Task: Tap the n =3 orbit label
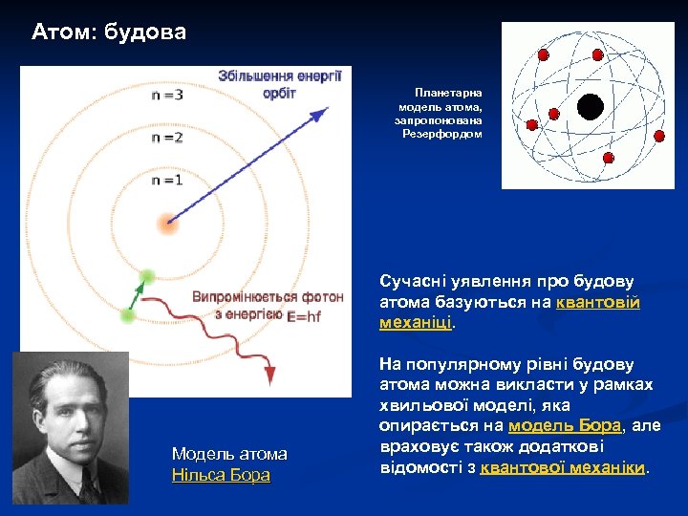167,95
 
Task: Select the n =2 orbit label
167,137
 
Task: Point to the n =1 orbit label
167,179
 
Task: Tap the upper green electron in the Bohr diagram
146,277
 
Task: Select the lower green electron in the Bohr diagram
128,314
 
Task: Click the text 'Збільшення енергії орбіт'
279,84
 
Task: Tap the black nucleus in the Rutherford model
591,107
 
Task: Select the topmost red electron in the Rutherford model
544,55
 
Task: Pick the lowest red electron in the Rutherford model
608,157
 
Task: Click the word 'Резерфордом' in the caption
442,134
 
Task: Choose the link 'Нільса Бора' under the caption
221,475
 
